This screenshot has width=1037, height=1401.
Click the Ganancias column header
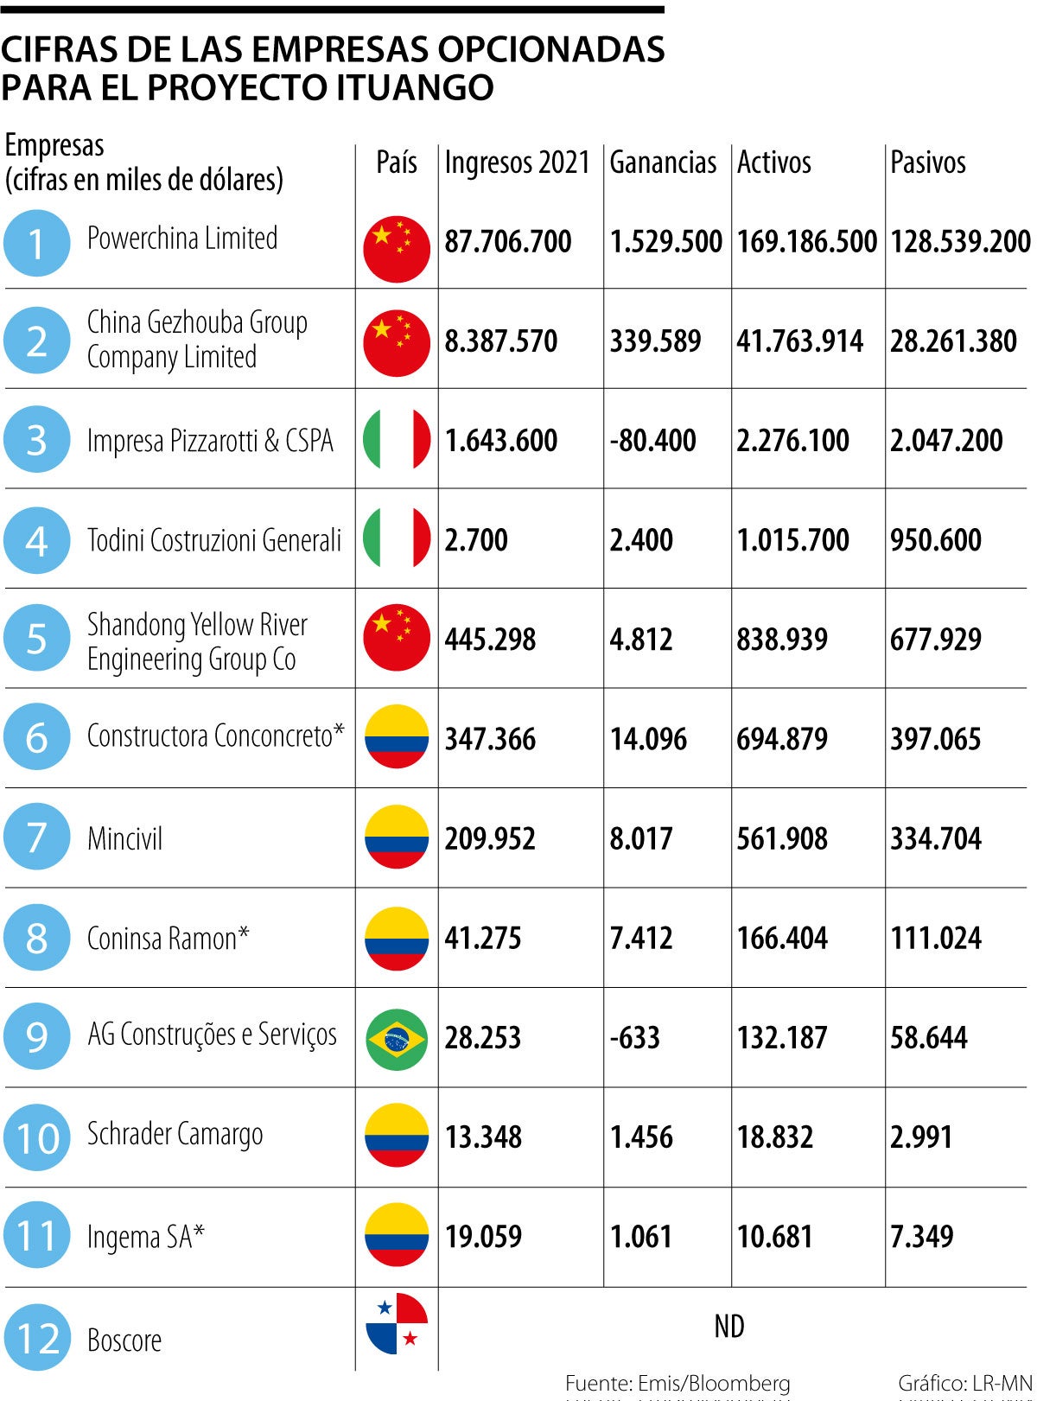[663, 162]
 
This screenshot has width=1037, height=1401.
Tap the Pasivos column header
[927, 162]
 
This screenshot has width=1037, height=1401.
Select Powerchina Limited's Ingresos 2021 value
[508, 241]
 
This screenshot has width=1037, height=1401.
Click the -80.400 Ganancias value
[652, 441]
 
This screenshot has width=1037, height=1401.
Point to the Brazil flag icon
[397, 1037]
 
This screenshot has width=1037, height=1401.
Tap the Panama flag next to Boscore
[397, 1324]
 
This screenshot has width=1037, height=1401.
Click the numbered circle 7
[36, 837]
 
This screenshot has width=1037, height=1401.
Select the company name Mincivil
[124, 838]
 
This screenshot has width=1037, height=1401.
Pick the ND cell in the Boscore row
[728, 1326]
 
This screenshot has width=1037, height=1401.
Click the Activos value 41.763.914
[799, 341]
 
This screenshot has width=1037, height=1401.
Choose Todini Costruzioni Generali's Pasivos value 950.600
[936, 540]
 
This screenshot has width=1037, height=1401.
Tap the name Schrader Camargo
[175, 1135]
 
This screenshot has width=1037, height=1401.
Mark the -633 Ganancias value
[634, 1037]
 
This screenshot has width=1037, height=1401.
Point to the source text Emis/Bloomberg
[712, 1383]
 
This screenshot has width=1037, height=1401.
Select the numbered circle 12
[36, 1338]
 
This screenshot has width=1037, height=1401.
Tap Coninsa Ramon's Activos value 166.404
[781, 938]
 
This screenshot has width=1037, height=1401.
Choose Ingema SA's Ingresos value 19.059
[483, 1237]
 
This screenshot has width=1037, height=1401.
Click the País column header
[397, 162]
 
